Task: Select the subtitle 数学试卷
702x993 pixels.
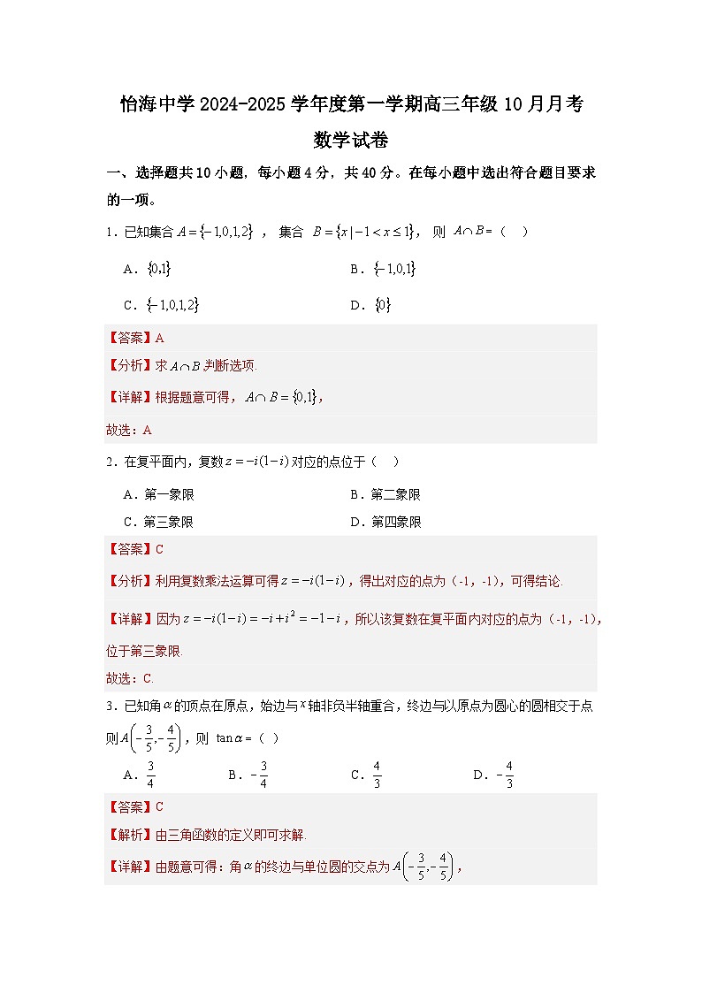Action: pyautogui.click(x=351, y=140)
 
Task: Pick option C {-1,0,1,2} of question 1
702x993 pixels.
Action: pyautogui.click(x=162, y=305)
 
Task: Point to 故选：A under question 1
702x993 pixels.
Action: pyautogui.click(x=129, y=431)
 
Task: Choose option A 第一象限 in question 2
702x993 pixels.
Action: pyautogui.click(x=159, y=494)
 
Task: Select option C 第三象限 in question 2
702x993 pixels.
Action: pyautogui.click(x=159, y=522)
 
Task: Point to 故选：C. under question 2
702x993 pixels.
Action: pyautogui.click(x=130, y=679)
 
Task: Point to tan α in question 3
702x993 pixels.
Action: pyautogui.click(x=233, y=738)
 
